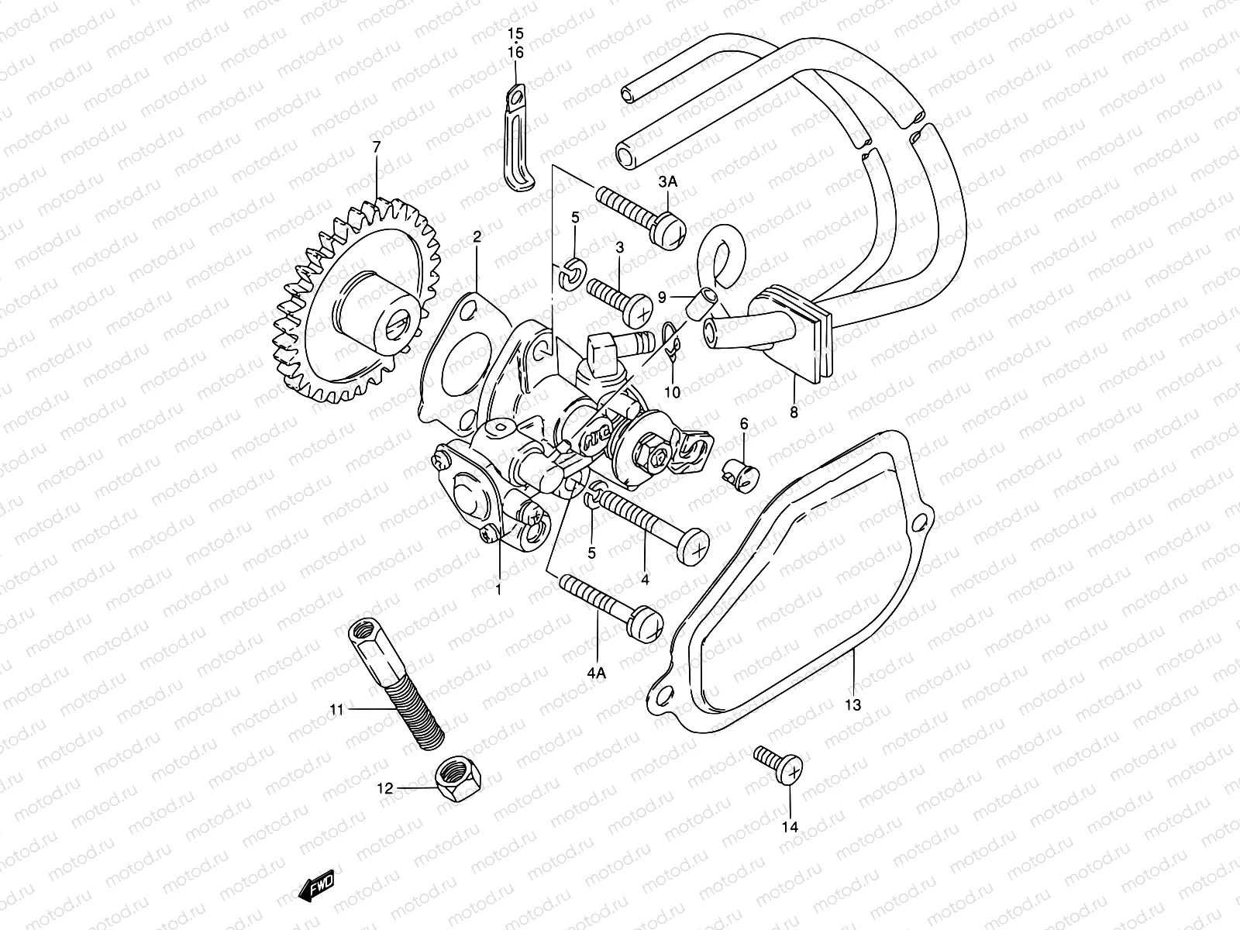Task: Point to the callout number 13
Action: click(x=852, y=706)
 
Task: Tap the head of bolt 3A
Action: click(x=669, y=230)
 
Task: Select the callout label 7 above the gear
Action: click(x=377, y=146)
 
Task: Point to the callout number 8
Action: click(x=794, y=413)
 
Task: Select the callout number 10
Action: click(x=672, y=392)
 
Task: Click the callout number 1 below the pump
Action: click(x=498, y=589)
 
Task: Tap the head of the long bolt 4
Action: click(x=692, y=546)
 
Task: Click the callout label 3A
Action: click(x=668, y=181)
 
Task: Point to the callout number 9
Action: click(x=662, y=296)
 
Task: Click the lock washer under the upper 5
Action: click(x=570, y=272)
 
